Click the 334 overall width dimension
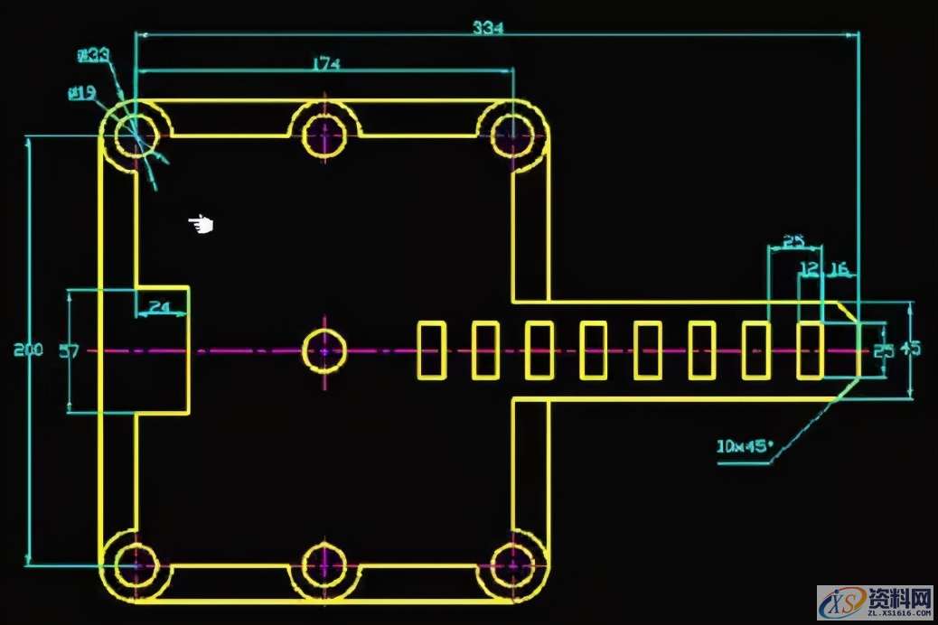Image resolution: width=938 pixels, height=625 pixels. tap(489, 27)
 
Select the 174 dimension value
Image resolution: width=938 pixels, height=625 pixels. tap(325, 63)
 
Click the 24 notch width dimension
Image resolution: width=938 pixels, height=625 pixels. tap(160, 307)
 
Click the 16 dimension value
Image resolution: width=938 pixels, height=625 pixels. tap(839, 268)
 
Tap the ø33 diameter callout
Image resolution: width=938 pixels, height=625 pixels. tap(93, 56)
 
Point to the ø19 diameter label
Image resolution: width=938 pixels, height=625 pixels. tap(82, 91)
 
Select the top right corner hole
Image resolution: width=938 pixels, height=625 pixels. tap(512, 136)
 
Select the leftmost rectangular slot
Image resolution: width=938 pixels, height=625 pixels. tap(432, 350)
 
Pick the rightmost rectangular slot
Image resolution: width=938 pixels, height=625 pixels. tap(810, 350)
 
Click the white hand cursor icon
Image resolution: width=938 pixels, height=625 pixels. tap(201, 224)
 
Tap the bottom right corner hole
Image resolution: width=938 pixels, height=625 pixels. tap(512, 564)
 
